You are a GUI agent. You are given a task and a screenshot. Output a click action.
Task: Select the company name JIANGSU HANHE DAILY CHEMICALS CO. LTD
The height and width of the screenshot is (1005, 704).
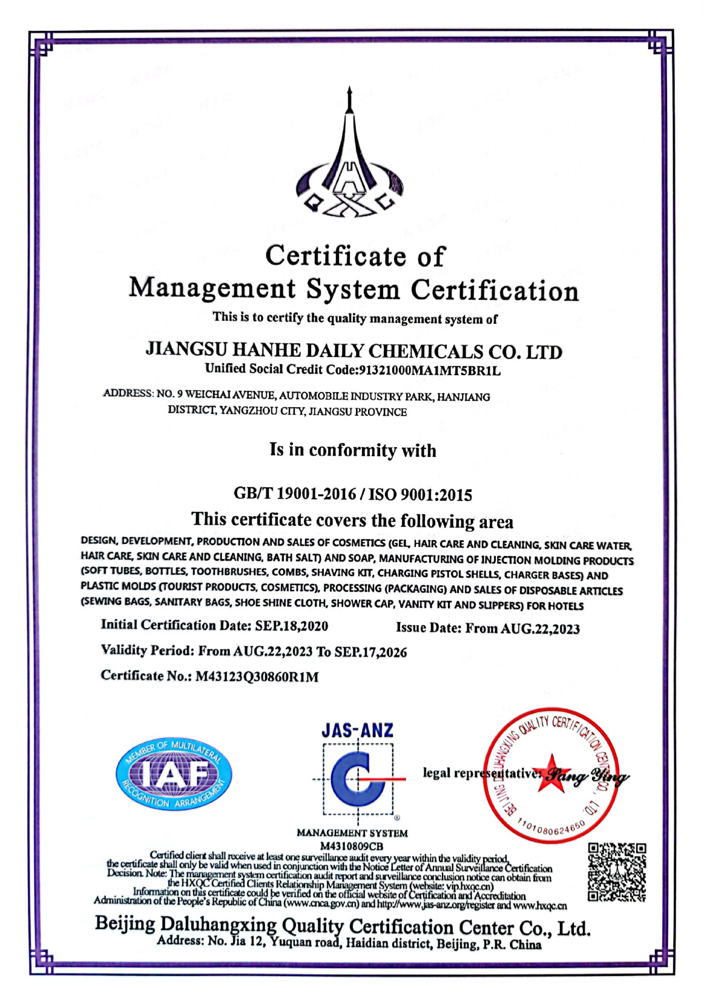tap(354, 351)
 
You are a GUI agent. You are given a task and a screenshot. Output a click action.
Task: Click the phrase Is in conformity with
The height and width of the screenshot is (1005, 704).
tap(352, 450)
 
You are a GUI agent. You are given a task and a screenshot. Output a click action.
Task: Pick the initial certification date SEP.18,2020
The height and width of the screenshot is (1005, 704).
tap(292, 625)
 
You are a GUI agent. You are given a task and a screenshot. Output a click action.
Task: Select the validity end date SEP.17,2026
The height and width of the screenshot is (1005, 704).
tap(370, 652)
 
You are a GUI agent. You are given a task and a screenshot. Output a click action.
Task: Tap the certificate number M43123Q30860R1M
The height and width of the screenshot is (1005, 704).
tap(257, 676)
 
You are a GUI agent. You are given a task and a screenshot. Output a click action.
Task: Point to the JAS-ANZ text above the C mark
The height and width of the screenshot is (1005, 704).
tap(357, 730)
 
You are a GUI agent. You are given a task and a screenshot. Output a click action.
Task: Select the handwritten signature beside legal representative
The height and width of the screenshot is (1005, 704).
tap(586, 775)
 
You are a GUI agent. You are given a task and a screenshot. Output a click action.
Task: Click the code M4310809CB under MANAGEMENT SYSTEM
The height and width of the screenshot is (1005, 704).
tap(352, 845)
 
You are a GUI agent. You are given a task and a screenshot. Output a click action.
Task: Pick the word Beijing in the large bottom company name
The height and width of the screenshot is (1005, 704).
tap(125, 924)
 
